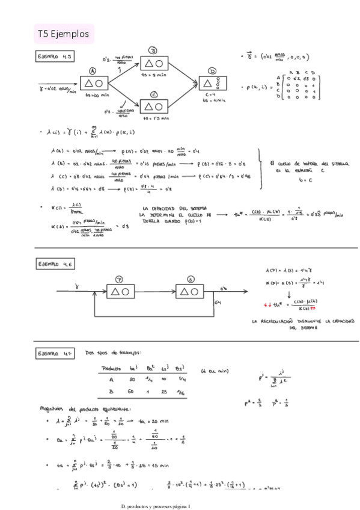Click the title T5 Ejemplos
click(63, 34)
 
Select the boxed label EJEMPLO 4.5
click(55, 57)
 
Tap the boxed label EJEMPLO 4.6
click(55, 264)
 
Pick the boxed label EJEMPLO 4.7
click(55, 354)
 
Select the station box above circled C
click(155, 106)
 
